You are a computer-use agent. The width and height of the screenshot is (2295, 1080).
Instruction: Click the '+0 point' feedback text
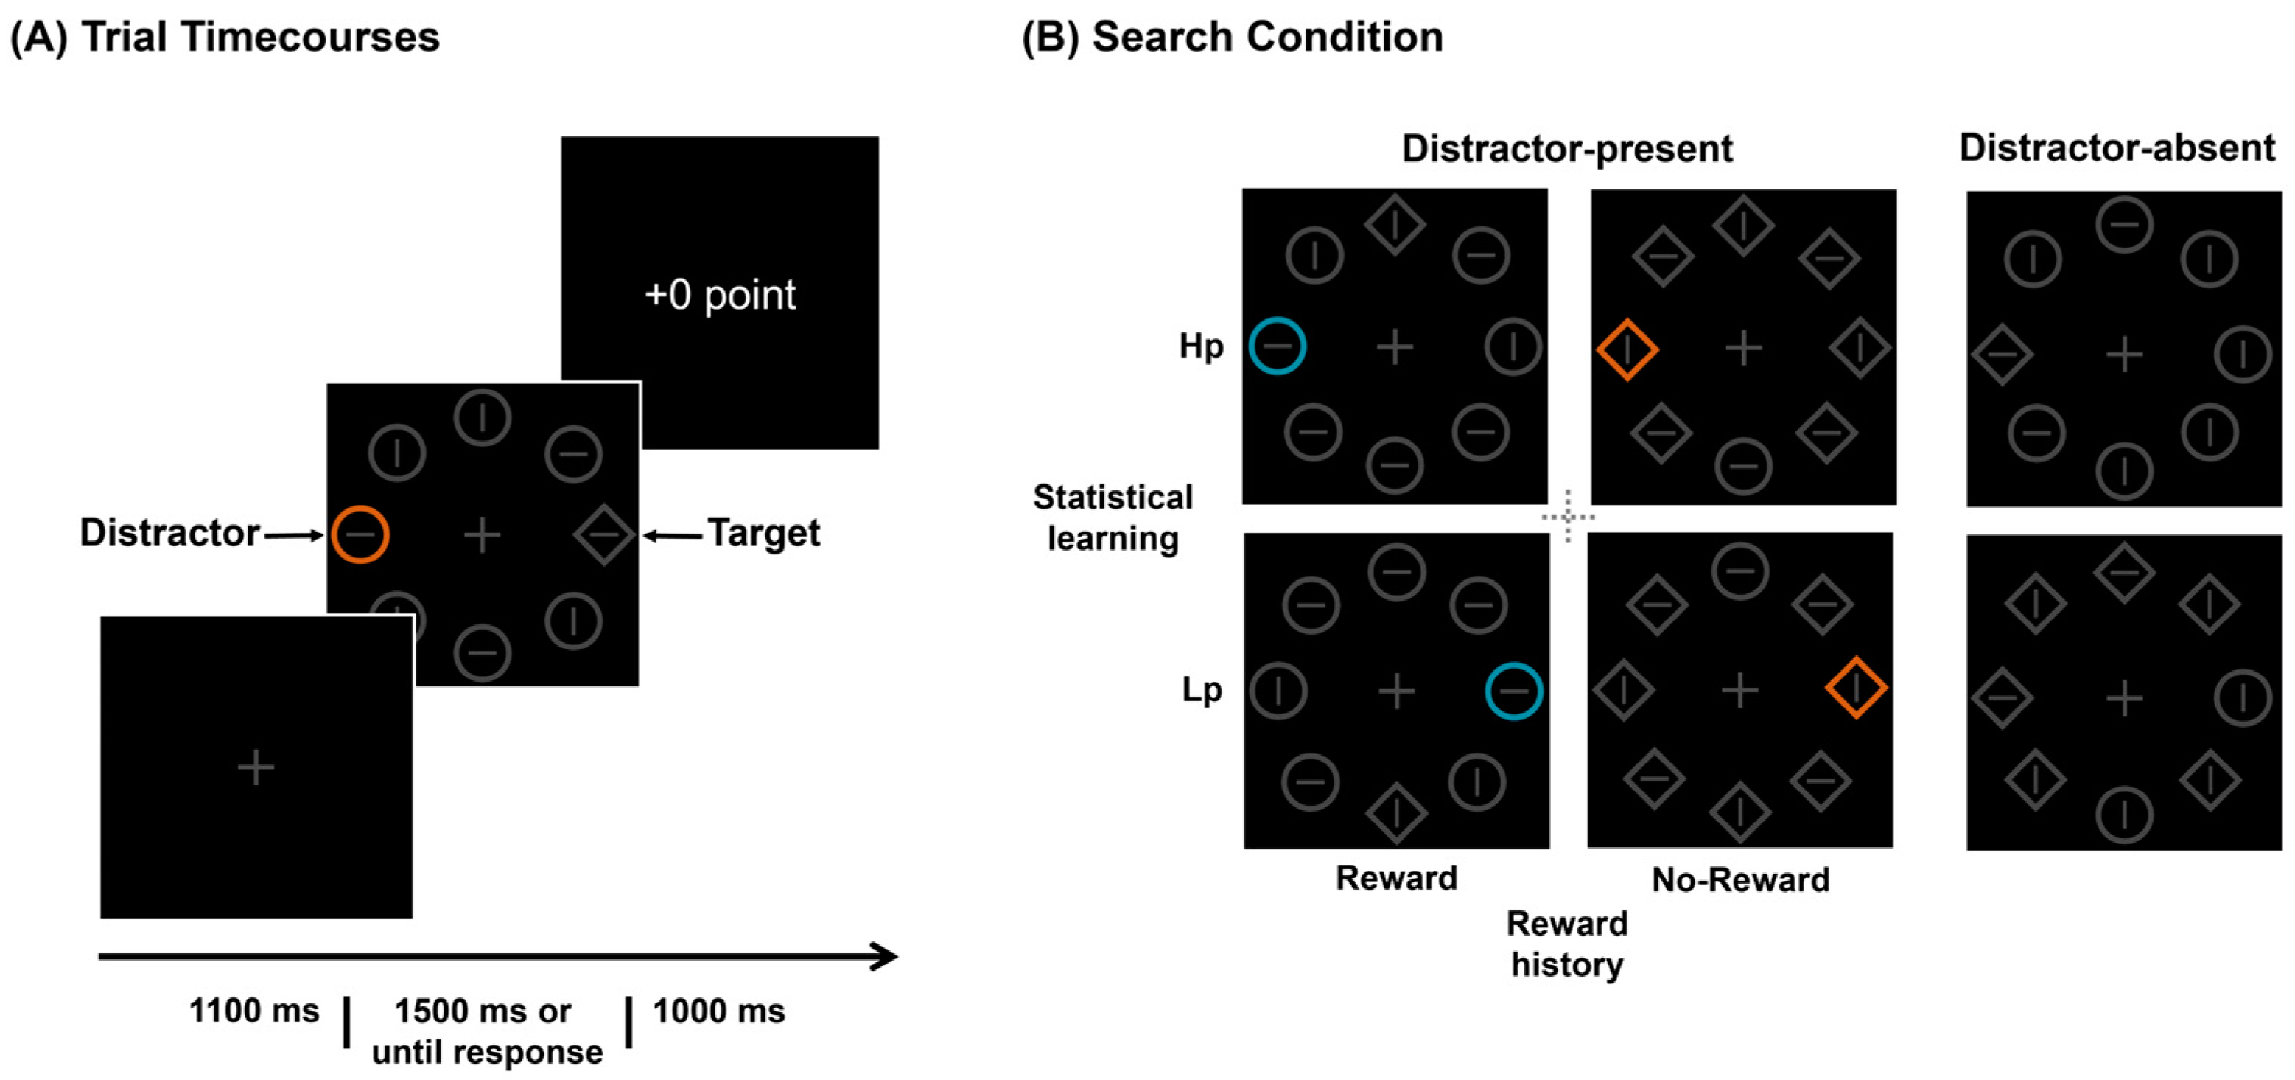point(719,295)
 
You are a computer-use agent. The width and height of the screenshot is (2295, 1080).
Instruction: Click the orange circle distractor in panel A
point(360,534)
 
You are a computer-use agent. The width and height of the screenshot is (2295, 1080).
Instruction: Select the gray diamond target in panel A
point(604,534)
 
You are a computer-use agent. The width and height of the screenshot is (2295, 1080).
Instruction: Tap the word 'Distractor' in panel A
point(169,533)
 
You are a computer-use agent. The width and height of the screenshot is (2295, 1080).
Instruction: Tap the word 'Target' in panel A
point(763,533)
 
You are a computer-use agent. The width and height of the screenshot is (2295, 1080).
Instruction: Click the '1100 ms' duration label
point(254,1011)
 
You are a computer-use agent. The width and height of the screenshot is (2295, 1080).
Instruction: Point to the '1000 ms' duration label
point(719,1011)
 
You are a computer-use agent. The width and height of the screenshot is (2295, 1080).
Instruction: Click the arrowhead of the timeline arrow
point(886,956)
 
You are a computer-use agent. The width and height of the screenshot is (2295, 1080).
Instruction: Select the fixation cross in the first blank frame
point(256,767)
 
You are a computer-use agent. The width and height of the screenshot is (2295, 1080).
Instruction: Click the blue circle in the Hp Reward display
point(1277,346)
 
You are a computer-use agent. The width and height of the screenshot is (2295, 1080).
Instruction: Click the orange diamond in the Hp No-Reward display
point(1627,349)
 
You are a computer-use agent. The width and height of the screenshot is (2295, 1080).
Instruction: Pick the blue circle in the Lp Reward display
point(1513,691)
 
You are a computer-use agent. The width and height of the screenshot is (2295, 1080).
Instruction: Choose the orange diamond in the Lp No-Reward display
point(1856,688)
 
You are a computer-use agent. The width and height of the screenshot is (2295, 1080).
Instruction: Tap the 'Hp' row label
point(1201,346)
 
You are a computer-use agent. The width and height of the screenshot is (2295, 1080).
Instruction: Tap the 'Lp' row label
point(1201,690)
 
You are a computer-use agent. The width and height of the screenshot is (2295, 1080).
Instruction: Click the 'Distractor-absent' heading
point(2117,148)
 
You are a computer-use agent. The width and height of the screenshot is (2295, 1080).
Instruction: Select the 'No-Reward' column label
point(1740,879)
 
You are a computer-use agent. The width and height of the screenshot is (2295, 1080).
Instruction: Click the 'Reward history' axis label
point(1567,944)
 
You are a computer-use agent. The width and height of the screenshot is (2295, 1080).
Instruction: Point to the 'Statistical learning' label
point(1113,518)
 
